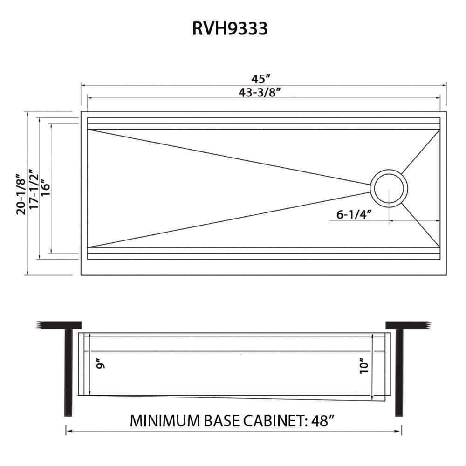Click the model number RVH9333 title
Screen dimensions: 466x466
[230, 28]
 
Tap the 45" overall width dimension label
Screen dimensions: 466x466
[261, 79]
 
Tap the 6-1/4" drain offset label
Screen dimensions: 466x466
[353, 215]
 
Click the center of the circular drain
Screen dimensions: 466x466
[389, 188]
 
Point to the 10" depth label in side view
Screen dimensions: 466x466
[365, 365]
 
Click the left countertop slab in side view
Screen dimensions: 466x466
[61, 324]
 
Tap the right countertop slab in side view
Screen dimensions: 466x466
[406, 324]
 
